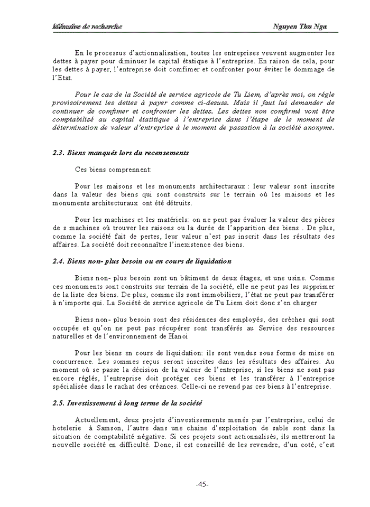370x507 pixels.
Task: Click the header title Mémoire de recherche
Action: (x=87, y=26)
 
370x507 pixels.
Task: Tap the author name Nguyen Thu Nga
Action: (x=300, y=26)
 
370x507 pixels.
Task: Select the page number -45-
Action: (x=202, y=485)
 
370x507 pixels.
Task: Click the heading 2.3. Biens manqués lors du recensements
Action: (x=121, y=153)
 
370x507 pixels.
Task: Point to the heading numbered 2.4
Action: (x=142, y=261)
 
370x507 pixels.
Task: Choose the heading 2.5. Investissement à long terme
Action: (x=127, y=403)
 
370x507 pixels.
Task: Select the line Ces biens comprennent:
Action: (x=113, y=170)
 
